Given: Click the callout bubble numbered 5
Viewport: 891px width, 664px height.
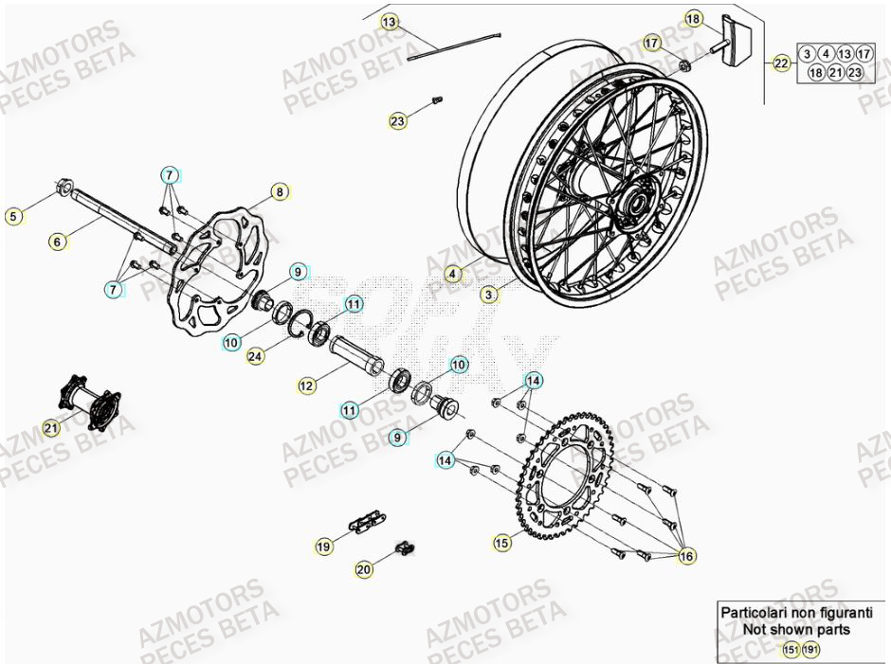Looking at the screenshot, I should coord(12,217).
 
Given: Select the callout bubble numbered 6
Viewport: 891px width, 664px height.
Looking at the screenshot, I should coord(58,242).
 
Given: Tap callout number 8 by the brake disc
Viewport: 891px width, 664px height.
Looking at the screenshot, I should coord(279,192).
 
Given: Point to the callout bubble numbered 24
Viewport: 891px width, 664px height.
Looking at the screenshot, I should coord(255,357).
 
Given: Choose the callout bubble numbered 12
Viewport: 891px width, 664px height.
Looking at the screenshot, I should coord(306,386).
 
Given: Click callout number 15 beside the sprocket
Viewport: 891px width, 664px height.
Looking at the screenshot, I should coord(501,543).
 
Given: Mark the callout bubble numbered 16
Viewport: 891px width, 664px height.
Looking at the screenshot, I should coord(686,557).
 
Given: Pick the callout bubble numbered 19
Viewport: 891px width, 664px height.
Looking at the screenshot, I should coord(324,546).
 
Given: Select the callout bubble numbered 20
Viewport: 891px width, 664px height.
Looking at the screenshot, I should coord(364,568).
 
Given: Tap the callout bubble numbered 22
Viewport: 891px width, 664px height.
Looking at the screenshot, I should coord(781,63).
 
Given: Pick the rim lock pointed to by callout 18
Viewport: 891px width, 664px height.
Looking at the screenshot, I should coord(733,39).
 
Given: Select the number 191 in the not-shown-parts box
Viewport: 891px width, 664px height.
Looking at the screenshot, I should coord(809,649).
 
